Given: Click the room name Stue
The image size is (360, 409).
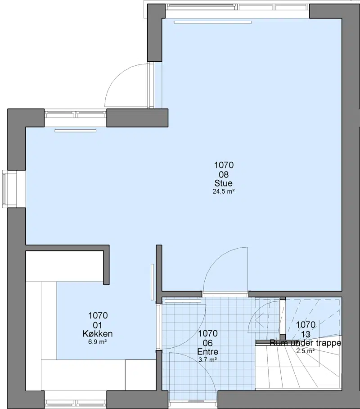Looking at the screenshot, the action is (x=223, y=183).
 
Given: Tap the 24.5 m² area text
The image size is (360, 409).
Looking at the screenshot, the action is (x=223, y=191).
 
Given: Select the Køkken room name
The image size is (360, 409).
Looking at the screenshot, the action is (x=98, y=334).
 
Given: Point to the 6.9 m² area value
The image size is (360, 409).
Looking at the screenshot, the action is (x=98, y=342).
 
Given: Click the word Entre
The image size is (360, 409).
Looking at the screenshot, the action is (x=208, y=352).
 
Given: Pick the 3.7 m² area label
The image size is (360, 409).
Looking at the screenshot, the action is (x=208, y=360).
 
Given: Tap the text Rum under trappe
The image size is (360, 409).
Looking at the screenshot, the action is (x=305, y=343).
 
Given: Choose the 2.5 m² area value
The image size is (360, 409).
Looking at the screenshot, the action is (x=305, y=351).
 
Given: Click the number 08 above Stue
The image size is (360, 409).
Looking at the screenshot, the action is (x=223, y=174).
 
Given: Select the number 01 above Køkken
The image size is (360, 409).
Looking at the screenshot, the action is (x=98, y=325).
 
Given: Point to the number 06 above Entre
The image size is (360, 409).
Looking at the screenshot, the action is (x=208, y=343).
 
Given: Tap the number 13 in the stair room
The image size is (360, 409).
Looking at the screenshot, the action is (x=305, y=334).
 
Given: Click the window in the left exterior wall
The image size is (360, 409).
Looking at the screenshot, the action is (x=4, y=189).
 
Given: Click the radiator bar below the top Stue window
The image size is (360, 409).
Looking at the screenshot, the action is (x=213, y=22).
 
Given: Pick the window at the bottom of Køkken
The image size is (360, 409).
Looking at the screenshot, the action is (x=76, y=404).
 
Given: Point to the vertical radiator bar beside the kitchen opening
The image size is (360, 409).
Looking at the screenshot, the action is (x=153, y=282).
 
